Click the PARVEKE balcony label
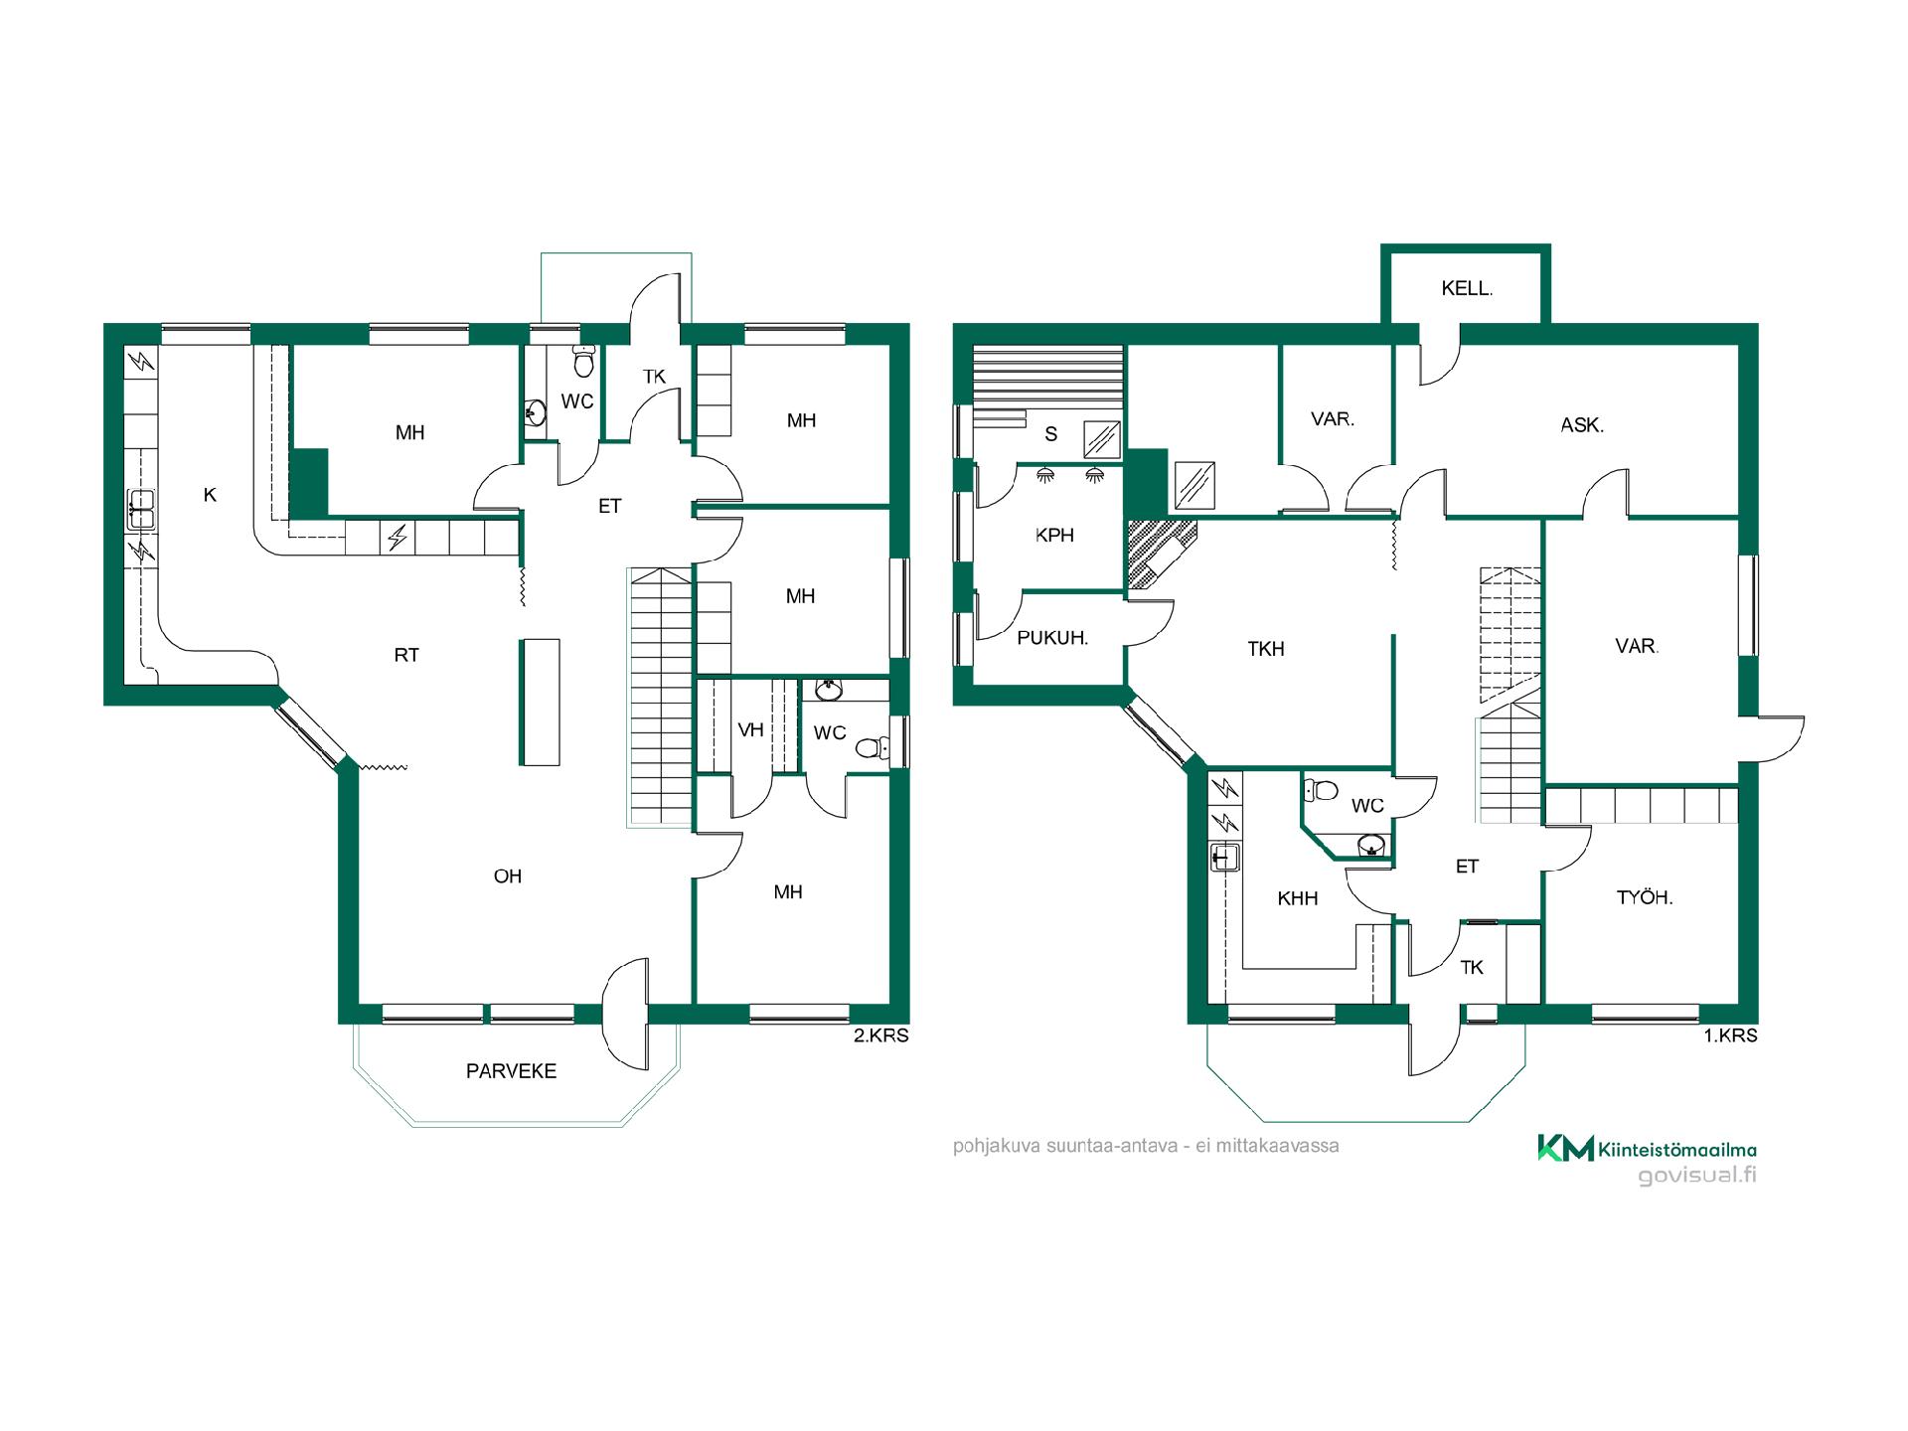coord(511,1071)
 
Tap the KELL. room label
coord(1467,289)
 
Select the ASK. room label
coord(1582,425)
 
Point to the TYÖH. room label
coord(1645,897)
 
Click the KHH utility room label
coord(1298,898)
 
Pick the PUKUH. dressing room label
coord(1052,638)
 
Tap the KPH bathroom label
coord(1054,536)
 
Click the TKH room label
coord(1266,650)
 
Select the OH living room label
coord(508,876)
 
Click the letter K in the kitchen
coord(210,495)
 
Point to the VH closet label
coord(750,730)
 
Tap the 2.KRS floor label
coord(881,1035)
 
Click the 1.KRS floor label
coord(1730,1035)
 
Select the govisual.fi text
coord(1697,1176)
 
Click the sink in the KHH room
coord(1223,856)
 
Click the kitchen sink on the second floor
coord(140,510)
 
